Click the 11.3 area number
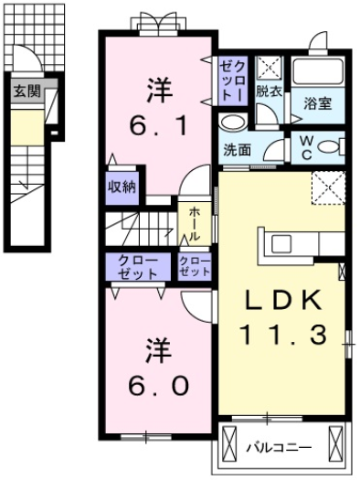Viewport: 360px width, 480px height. pyautogui.click(x=282, y=335)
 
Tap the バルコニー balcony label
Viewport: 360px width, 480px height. pyautogui.click(x=279, y=447)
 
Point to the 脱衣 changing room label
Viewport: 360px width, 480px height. pyautogui.click(x=268, y=91)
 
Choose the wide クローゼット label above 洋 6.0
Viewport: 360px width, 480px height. pyautogui.click(x=139, y=267)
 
